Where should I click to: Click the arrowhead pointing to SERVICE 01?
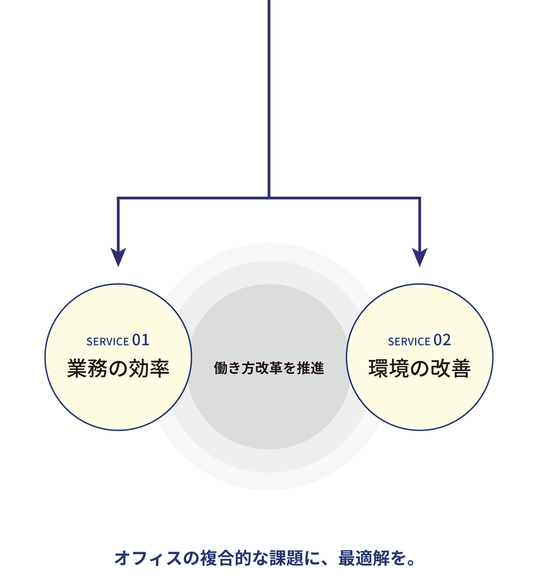118,256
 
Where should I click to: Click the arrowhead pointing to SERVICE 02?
420,256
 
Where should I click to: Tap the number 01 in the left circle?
141,340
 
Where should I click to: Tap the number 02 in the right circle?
442,340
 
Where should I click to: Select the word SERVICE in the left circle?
107,342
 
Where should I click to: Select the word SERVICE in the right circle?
409,342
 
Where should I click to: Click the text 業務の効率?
118,368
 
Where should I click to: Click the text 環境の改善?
420,368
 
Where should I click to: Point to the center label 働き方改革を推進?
269,368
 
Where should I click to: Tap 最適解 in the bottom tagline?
364,558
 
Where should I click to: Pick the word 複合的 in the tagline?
226,558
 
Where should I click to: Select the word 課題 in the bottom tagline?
287,558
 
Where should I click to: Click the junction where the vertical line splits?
269,198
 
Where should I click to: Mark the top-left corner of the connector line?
118,198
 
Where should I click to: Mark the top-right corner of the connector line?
420,198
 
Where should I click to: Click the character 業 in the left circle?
77,368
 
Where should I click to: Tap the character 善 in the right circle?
461,368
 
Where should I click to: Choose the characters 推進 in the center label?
311,368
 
